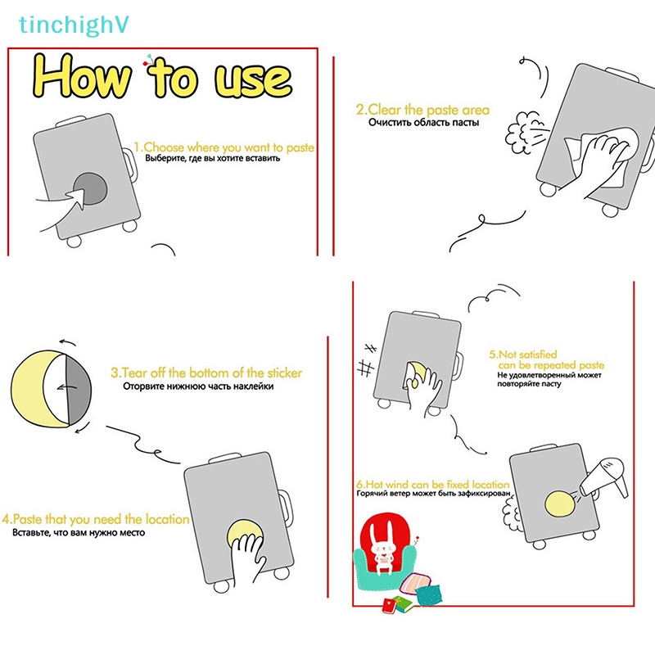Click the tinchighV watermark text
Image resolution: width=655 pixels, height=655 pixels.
[x=74, y=25]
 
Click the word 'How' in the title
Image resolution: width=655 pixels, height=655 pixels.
[x=81, y=76]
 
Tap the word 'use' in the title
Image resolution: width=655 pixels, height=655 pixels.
[x=253, y=79]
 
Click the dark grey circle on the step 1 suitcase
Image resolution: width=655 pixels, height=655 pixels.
[x=90, y=189]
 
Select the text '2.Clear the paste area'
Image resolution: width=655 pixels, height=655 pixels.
[x=422, y=110]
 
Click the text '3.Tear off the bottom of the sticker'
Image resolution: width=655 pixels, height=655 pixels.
[x=206, y=373]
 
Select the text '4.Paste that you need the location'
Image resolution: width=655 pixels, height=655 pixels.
[x=96, y=519]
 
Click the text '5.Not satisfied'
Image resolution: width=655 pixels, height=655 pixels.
[x=523, y=355]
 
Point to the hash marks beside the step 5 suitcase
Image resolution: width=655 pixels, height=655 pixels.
[x=367, y=360]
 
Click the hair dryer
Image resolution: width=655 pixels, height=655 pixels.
[x=604, y=477]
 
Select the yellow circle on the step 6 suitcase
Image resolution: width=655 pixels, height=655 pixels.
[x=561, y=504]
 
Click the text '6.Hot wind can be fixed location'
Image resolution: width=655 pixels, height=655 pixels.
[x=433, y=485]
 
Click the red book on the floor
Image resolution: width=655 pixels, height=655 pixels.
[x=391, y=605]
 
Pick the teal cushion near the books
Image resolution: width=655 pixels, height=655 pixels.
[x=428, y=594]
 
